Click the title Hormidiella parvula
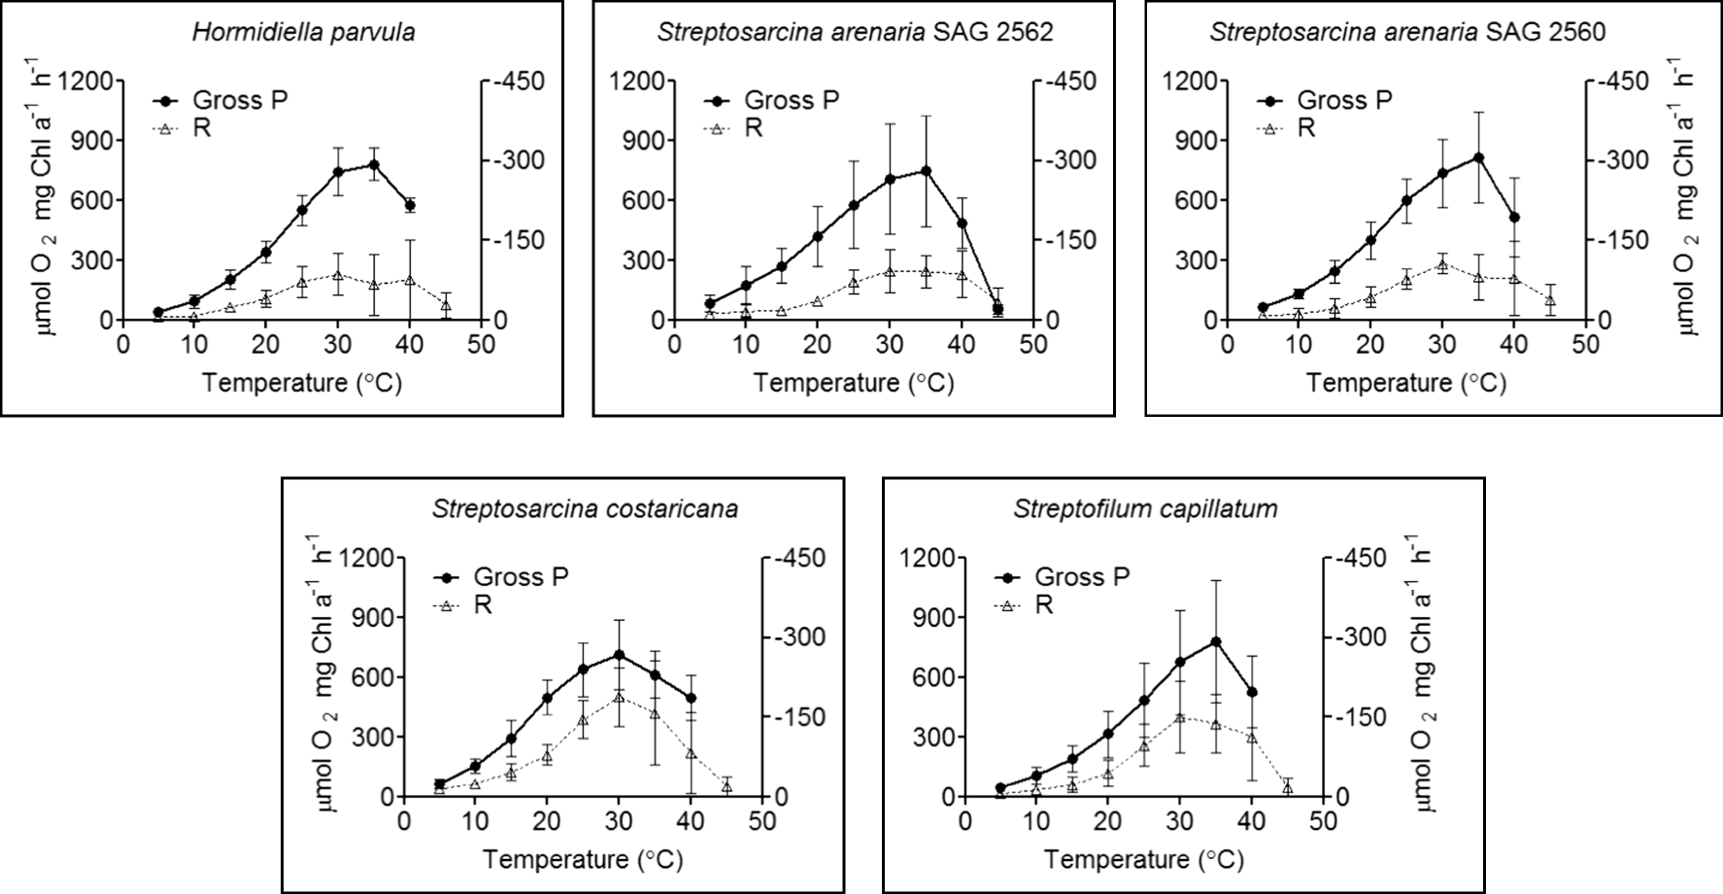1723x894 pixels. [303, 32]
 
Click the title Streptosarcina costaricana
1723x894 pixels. [585, 509]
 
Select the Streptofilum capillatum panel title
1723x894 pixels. [1145, 509]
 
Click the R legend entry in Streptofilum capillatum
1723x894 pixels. [1044, 604]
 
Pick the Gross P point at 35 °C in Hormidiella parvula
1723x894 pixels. [374, 164]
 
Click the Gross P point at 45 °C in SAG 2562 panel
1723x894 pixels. [997, 309]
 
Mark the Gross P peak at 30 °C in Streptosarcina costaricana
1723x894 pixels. [619, 655]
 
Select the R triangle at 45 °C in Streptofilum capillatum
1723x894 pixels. [1288, 788]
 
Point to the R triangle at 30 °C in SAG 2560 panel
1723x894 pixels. [1442, 264]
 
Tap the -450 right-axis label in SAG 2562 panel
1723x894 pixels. [1071, 82]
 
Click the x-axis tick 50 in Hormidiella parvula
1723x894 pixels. [481, 345]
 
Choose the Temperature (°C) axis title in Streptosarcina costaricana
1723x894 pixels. [583, 859]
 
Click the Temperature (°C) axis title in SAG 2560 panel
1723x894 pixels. [1405, 382]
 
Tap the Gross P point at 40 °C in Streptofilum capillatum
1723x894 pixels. [1252, 692]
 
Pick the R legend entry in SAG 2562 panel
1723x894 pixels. [754, 127]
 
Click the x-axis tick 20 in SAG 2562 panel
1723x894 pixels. [818, 345]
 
